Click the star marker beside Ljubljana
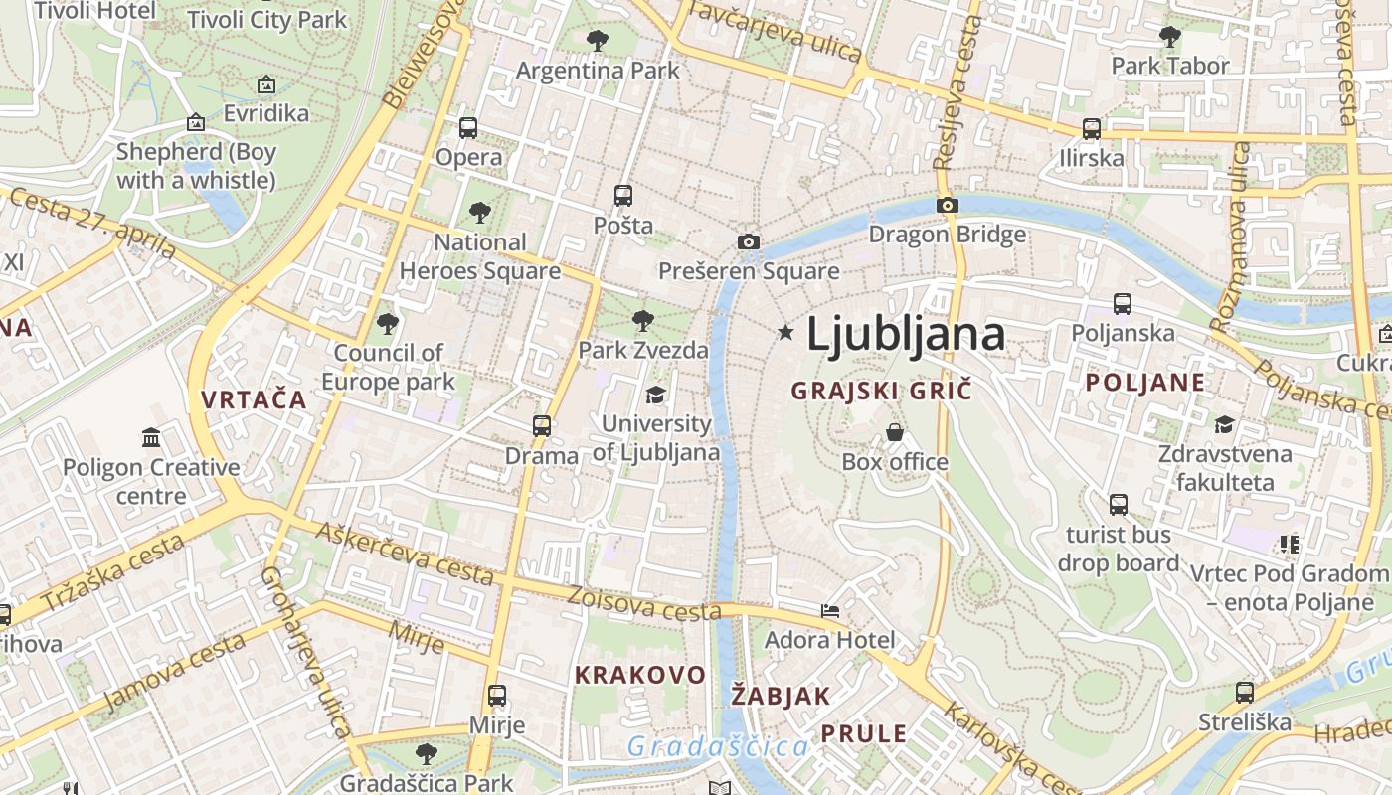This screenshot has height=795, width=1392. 785,332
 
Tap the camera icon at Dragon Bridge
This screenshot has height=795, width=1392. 947,206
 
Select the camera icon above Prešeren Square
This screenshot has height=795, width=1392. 749,241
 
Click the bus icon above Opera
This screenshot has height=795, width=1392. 467,128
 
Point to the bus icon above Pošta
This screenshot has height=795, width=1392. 623,196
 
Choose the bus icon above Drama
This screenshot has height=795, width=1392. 541,426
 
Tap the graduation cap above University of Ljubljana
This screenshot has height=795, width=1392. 655,395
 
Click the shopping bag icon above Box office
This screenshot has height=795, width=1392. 895,432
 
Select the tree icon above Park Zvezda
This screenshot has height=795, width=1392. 643,320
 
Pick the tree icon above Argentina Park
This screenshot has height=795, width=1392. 597,41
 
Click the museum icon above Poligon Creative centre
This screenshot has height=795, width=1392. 151,437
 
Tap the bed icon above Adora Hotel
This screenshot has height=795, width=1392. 830,610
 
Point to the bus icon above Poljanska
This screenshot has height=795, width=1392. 1123,304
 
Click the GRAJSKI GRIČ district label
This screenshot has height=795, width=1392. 881,391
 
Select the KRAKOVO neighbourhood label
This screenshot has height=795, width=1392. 640,675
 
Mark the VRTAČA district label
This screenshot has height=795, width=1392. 254,399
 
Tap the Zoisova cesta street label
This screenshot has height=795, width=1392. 643,603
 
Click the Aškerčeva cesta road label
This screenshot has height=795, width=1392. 405,553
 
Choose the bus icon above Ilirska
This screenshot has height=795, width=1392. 1091,128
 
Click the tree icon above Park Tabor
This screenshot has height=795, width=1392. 1170,37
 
